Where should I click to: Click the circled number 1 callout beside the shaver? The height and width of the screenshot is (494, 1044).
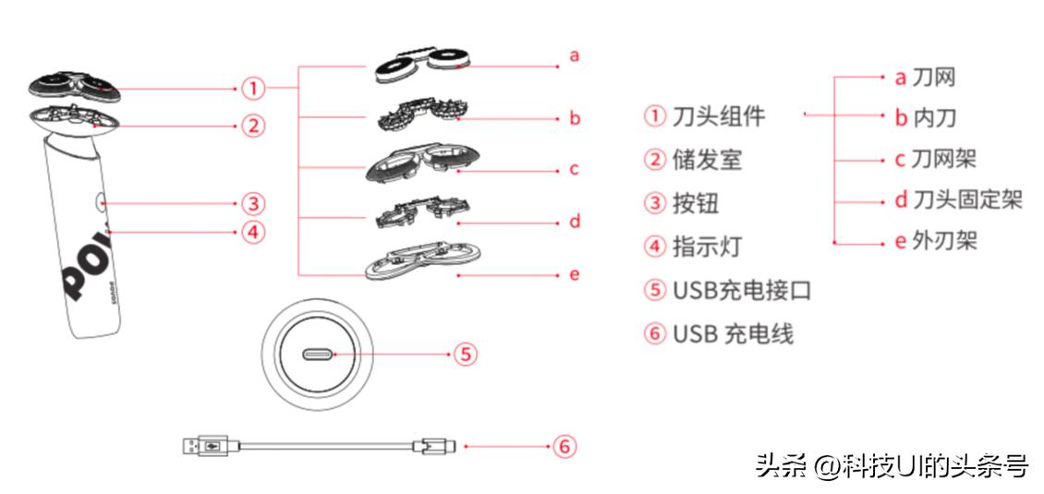pos(253,89)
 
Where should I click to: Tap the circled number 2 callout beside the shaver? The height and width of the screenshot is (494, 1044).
pos(253,126)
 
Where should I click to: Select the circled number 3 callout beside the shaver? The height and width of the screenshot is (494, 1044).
pos(253,202)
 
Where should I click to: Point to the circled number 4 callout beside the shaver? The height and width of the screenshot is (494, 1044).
pos(253,232)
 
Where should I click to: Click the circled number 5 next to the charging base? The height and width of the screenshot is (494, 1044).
pos(466,354)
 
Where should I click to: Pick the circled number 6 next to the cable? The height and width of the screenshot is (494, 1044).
pos(564,447)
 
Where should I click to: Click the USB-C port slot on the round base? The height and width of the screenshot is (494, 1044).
pos(318,354)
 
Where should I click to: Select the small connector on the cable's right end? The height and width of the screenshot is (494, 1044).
pos(431,447)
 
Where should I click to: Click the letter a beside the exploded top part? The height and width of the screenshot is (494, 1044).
pos(574,55)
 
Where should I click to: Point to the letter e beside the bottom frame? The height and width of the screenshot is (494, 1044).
pos(574,274)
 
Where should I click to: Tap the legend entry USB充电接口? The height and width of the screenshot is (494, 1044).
pos(740,290)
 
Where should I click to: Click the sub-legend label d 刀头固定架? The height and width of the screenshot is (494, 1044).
pos(957,199)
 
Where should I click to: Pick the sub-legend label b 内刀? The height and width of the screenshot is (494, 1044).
pos(924,117)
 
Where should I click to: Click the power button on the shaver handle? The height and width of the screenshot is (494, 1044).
pos(99,201)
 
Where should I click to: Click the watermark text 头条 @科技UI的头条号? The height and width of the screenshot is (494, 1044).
pos(891,466)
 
